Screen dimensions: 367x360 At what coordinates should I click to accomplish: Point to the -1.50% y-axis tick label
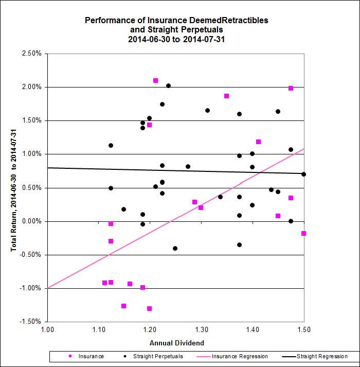click(x=32, y=322)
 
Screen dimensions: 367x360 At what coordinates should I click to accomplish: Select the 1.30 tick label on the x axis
click(x=201, y=329)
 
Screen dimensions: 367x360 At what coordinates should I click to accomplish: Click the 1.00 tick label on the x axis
click(x=47, y=329)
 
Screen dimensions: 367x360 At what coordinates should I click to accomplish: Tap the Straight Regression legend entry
click(x=317, y=356)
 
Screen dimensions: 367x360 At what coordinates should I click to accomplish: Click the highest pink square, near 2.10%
click(x=155, y=81)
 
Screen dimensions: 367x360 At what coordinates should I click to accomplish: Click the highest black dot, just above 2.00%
click(x=168, y=86)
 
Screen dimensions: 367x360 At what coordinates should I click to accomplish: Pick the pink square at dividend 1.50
click(x=303, y=234)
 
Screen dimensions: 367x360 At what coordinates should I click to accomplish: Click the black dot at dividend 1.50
click(x=303, y=174)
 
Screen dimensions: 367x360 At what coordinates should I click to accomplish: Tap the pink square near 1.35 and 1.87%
click(x=226, y=96)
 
